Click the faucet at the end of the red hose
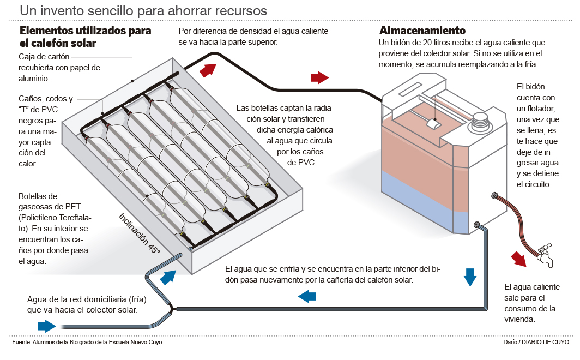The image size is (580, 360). click(545, 256)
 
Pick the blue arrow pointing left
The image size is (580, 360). click(307, 296)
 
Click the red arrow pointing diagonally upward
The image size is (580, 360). click(208, 69)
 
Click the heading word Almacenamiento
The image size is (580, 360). click(422, 31)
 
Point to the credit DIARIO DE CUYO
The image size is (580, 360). click(545, 342)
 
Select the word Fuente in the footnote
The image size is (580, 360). click(21, 343)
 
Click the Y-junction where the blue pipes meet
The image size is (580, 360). click(171, 309)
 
